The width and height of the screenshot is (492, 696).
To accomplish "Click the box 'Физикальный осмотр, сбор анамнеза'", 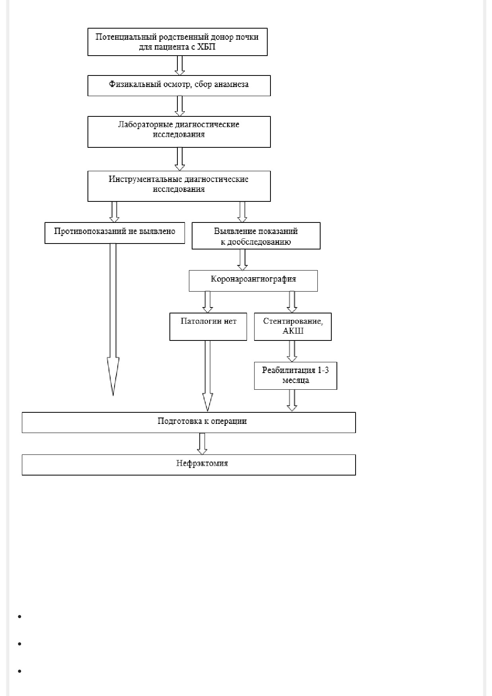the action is point(179,85).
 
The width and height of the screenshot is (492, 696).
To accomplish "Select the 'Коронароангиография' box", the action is point(253,281).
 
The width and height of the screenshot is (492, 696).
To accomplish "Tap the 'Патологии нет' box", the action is point(208,327).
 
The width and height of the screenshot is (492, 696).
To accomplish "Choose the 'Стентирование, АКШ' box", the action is point(293,327).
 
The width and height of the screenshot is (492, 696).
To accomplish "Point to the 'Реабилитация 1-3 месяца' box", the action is point(296,375).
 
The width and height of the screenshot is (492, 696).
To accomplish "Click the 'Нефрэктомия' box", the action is point(189,465).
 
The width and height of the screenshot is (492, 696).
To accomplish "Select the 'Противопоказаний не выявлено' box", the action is point(115,233).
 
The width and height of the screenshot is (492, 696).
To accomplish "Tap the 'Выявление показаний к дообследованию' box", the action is point(256,236).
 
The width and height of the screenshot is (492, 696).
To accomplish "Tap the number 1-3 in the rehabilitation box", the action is point(323,370).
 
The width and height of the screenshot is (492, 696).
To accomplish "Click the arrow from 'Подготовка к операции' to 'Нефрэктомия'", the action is point(202,444).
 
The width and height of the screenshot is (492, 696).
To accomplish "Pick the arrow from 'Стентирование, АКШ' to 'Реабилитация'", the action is point(292,351).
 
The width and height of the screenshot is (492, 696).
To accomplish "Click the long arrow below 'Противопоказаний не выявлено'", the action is point(113,319).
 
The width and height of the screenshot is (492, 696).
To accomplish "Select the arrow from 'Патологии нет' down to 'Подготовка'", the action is point(208,376).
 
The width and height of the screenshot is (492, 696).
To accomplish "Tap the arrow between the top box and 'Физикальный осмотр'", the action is point(180,66).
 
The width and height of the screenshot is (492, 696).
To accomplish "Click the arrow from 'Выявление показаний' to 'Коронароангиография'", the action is point(242,260).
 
